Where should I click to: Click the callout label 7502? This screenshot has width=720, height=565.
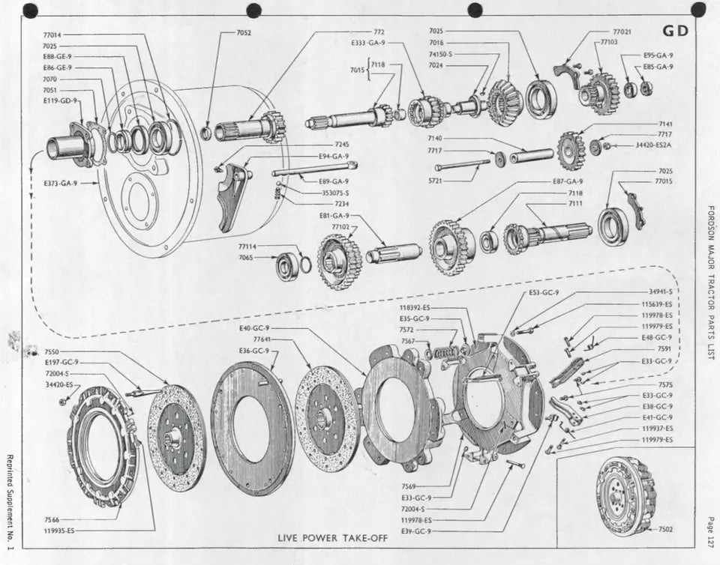pos(665,528)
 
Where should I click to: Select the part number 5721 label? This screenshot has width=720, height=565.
pos(436,180)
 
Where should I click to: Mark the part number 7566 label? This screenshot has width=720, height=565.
pos(52,519)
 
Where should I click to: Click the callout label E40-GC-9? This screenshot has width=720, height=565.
pos(254,328)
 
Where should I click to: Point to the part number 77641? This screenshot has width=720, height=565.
pos(262,339)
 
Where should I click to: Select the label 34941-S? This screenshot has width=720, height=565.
pos(660,291)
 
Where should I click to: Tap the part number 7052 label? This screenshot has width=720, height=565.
pos(244,33)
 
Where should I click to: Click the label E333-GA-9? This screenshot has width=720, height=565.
pos(368,43)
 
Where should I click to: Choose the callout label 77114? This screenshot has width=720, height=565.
pos(247,246)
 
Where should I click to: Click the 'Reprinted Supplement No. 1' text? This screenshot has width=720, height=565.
pos(9,502)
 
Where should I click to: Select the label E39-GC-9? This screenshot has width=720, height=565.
pos(415,531)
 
